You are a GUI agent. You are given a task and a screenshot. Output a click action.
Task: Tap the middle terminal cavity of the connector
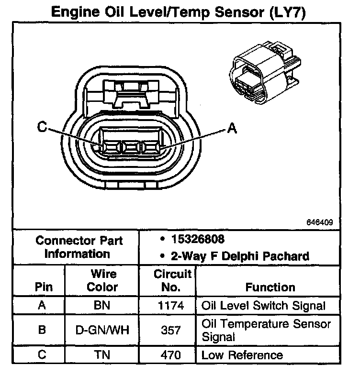point(131,147)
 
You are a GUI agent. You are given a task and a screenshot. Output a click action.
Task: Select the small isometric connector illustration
point(265,73)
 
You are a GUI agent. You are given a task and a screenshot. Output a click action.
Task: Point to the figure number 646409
point(320,222)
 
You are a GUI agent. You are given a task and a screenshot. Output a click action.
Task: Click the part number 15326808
point(198,239)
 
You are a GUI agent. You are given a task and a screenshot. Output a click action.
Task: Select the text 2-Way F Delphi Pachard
point(240,256)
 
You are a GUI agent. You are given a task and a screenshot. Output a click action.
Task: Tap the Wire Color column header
point(102,280)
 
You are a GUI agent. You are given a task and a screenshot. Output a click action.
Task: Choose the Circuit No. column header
point(172,280)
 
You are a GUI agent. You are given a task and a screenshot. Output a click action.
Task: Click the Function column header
point(270,287)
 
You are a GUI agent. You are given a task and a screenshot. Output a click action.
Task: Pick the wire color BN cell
point(102,305)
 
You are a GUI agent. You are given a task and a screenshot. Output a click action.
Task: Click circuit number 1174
point(171,306)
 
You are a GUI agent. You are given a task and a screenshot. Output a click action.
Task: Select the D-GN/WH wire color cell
point(102,330)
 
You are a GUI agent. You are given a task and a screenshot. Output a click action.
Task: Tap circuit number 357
point(170,330)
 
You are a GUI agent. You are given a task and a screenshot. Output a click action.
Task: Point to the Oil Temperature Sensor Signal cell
point(266,330)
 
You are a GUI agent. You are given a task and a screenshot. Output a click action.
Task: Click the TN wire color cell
point(102,355)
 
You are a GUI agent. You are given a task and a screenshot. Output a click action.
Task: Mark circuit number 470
point(170,355)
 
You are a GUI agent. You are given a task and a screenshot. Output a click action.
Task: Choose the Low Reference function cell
point(242,355)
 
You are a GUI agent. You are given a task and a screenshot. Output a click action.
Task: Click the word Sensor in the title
point(239,12)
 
